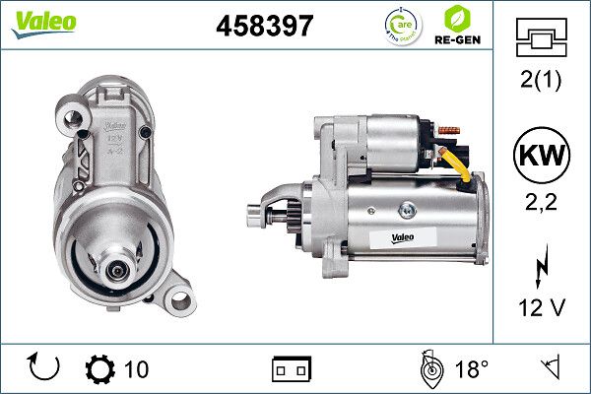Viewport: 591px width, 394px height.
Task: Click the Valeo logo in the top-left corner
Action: tap(43, 22)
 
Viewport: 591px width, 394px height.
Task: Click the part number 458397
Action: tap(264, 27)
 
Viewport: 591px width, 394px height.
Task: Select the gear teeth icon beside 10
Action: tap(100, 368)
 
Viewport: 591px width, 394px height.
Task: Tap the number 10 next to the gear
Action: tap(138, 369)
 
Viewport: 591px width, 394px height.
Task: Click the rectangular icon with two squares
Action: tap(291, 369)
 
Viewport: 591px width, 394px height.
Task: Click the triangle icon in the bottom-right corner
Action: tap(551, 368)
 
